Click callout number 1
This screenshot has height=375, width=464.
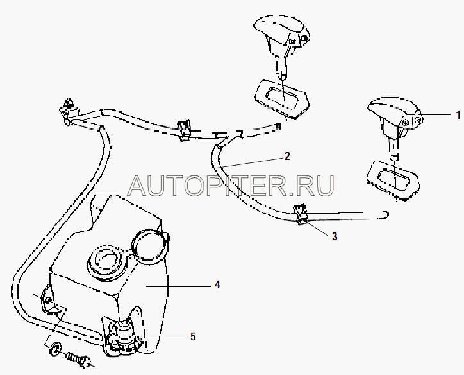pos(458,115)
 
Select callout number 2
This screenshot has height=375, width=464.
pos(287,156)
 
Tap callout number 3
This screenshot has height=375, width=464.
pos(335,236)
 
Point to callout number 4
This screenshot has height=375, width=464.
pos(217,285)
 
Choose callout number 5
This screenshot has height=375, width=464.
pos(193,336)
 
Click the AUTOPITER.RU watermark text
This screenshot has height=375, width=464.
pos(231,186)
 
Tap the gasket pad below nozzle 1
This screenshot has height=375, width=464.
pos(393,180)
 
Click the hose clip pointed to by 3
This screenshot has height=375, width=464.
pos(301,214)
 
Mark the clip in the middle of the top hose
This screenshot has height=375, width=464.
pos(184,130)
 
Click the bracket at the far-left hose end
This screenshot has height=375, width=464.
pos(69,111)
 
